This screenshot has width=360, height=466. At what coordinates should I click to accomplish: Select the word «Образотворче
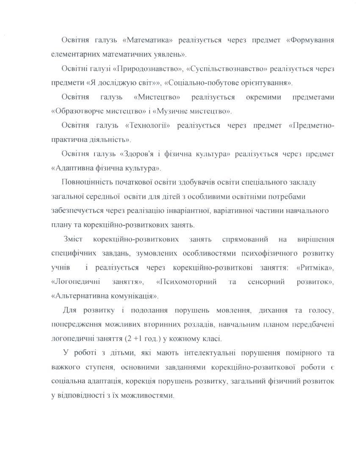tap(75, 111)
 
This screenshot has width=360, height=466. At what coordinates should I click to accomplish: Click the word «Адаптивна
tap(70, 168)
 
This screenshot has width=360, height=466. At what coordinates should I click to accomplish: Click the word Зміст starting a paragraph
tap(73, 239)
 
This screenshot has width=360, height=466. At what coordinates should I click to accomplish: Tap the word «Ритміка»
tap(315, 268)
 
